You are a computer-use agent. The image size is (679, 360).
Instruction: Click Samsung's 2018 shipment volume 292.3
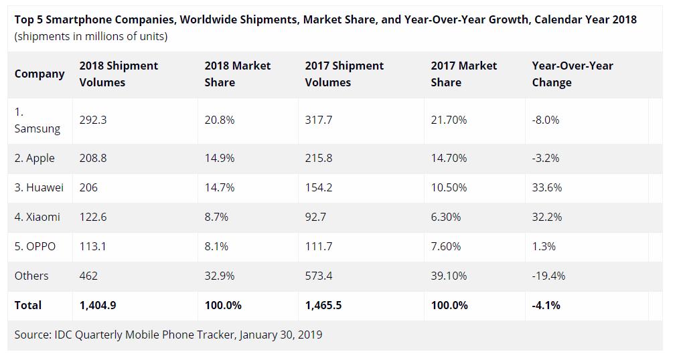click(x=93, y=120)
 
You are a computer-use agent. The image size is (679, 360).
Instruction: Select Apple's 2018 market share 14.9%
click(x=220, y=159)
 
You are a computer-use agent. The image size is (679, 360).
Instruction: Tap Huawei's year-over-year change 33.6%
click(x=546, y=188)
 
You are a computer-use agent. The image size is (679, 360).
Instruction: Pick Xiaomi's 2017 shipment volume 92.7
click(x=318, y=217)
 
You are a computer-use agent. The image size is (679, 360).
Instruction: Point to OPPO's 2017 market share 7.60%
click(x=446, y=246)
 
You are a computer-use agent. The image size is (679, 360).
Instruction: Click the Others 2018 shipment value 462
click(x=88, y=276)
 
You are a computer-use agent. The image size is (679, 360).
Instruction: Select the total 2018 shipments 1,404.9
click(x=98, y=305)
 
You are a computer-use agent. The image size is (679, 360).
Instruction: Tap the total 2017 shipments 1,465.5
click(x=323, y=305)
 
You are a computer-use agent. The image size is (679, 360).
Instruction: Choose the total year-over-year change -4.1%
click(x=546, y=305)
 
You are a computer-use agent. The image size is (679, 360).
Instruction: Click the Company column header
click(x=40, y=74)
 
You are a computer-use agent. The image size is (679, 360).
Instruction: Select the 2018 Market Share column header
click(x=238, y=74)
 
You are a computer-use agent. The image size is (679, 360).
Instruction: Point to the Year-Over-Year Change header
click(x=573, y=74)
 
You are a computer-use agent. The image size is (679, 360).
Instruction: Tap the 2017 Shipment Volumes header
click(x=344, y=74)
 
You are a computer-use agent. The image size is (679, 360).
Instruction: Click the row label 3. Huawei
click(x=39, y=188)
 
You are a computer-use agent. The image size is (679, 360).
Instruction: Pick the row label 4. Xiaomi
click(x=37, y=217)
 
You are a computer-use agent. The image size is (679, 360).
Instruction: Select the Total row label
click(x=28, y=305)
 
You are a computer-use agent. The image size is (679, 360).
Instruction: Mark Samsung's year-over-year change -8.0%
click(x=545, y=120)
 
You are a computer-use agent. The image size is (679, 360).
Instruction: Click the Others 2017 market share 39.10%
click(x=449, y=276)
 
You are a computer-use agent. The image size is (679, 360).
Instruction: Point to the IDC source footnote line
click(x=168, y=334)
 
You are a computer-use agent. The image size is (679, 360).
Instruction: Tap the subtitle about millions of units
click(x=91, y=36)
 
